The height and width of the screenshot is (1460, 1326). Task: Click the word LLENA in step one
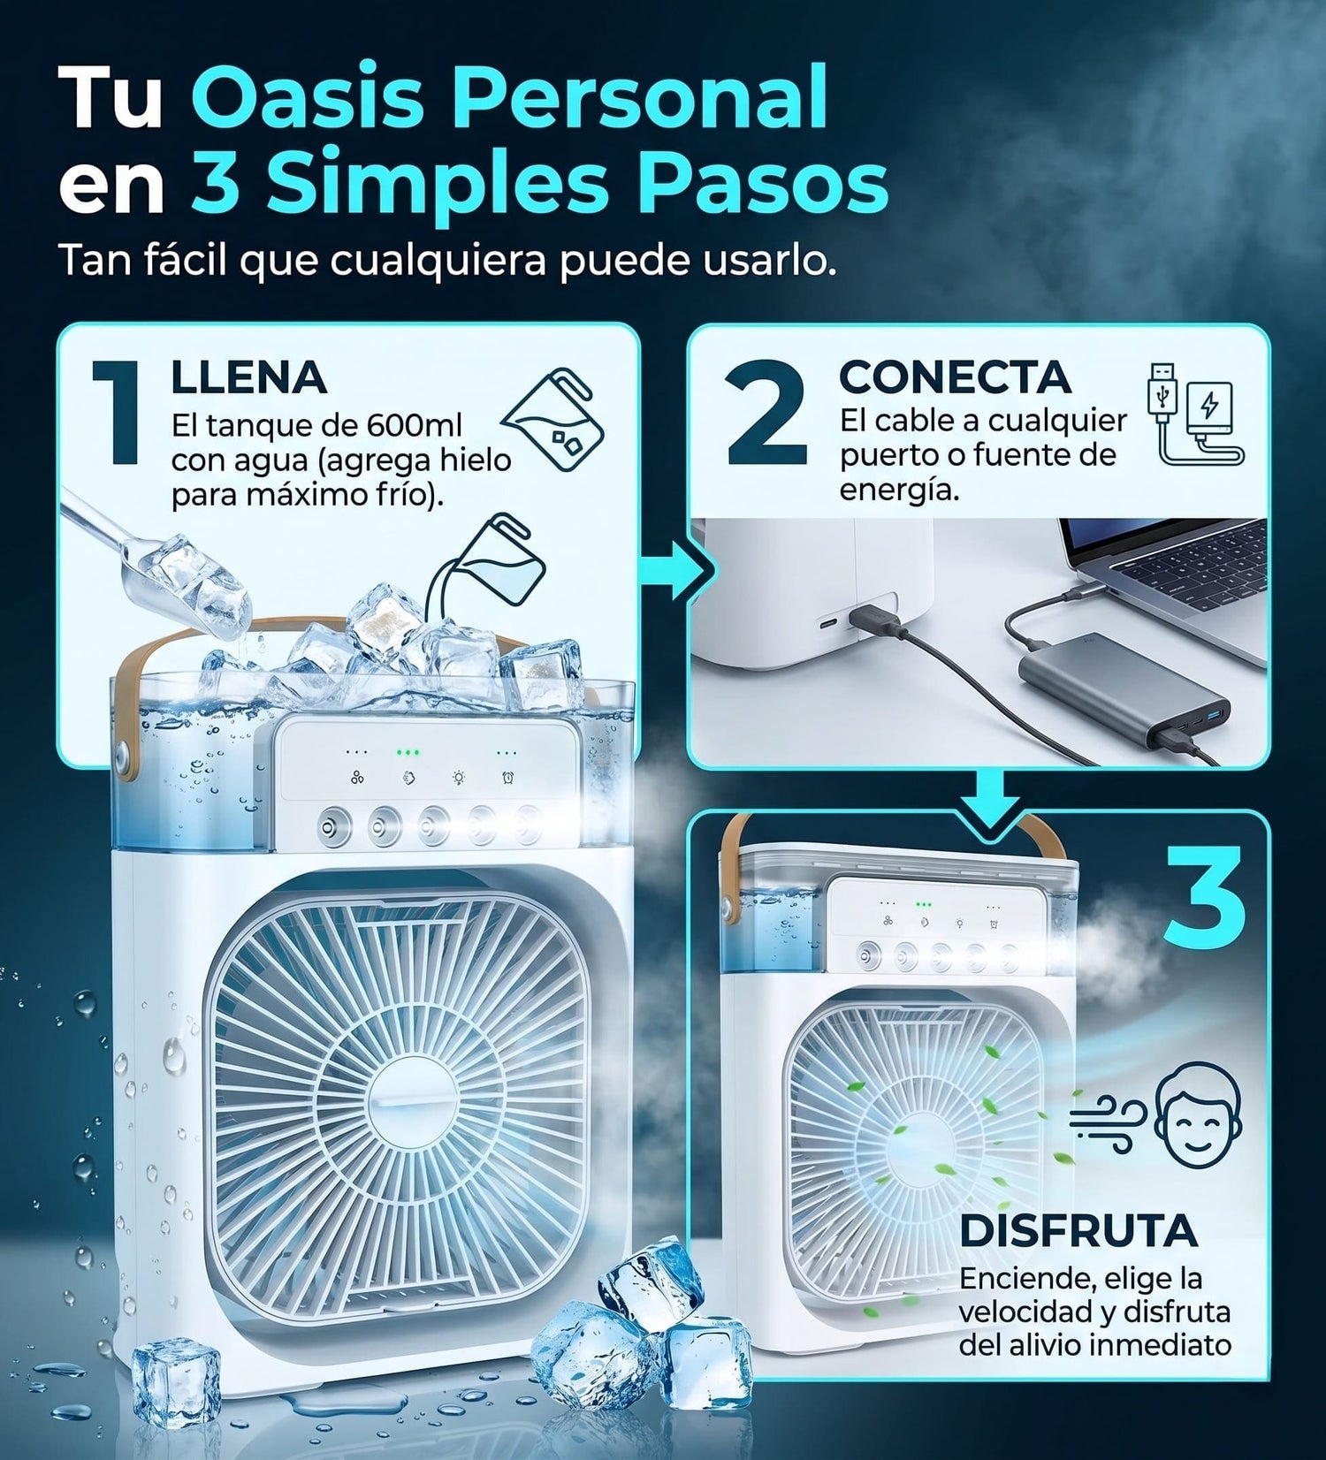coord(248,378)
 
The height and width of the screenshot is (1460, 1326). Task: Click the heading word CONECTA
coord(955,377)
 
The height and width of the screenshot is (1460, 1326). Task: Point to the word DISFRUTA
coord(1078,1230)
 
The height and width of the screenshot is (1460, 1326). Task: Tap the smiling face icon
coord(1198,1115)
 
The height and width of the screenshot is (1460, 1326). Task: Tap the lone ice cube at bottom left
coord(176,1380)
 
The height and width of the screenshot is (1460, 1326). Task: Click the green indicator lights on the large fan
coord(408,753)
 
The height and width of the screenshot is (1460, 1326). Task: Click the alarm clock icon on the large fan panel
coord(509,778)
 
